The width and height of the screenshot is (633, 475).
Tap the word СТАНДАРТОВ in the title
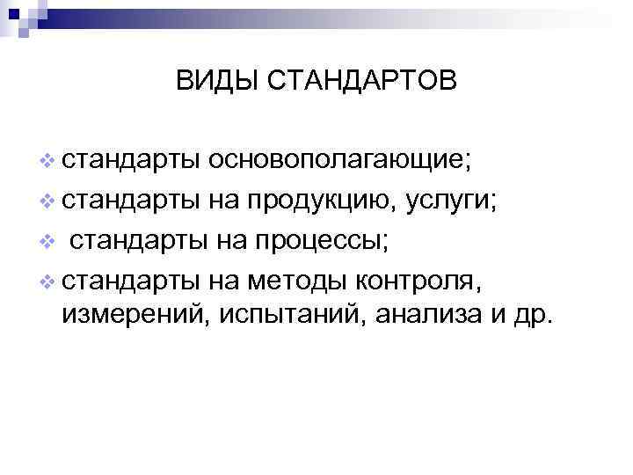click(x=360, y=82)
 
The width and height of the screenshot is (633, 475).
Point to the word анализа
click(x=411, y=315)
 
